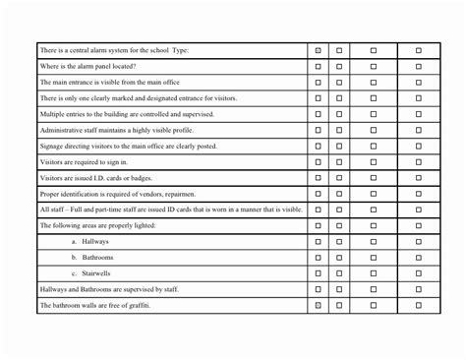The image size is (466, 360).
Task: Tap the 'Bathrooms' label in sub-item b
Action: pos(99,258)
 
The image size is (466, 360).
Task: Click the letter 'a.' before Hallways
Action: pos(74,242)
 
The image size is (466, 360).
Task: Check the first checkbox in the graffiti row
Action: pos(318,306)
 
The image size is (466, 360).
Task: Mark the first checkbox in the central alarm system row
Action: pos(318,50)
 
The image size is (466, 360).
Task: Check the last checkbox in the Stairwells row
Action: pos(418,273)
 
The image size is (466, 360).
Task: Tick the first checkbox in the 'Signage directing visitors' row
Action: pos(318,146)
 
